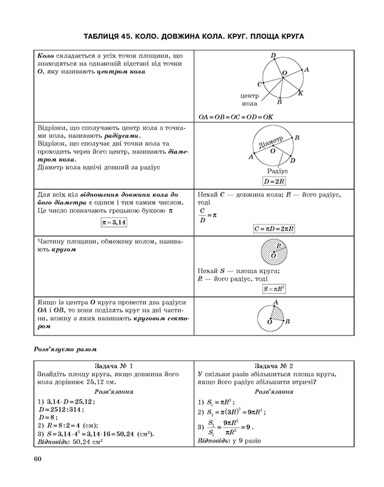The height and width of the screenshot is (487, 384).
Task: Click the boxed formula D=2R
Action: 275,181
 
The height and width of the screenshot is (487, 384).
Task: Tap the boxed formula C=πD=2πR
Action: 274,229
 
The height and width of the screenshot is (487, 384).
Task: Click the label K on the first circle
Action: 301,93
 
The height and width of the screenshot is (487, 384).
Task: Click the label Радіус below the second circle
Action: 277,171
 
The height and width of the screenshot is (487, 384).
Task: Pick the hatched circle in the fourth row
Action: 274,252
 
